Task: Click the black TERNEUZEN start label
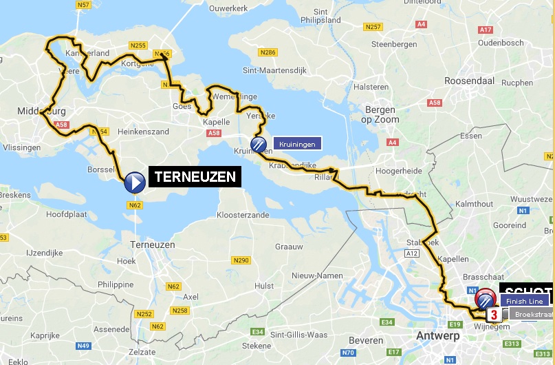click(x=195, y=177)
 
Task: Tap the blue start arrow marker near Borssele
click(x=134, y=182)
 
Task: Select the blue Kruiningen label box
click(x=297, y=144)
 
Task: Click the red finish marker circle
click(x=486, y=299)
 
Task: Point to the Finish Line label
click(x=525, y=301)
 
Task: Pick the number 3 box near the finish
click(x=494, y=315)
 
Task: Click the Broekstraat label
click(x=530, y=314)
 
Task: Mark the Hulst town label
click(x=264, y=285)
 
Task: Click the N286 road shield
click(x=268, y=52)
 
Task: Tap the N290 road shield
click(x=241, y=260)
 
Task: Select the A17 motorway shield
click(x=486, y=30)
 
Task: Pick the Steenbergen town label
click(x=394, y=44)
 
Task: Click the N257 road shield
click(x=374, y=27)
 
